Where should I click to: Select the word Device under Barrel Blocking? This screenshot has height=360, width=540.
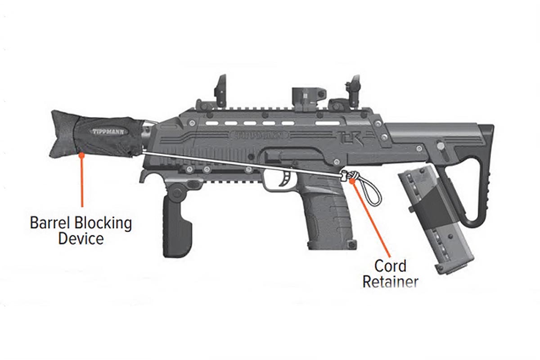[81, 238]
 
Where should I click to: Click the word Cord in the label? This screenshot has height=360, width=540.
[390, 265]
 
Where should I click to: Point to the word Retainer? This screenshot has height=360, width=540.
[390, 282]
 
